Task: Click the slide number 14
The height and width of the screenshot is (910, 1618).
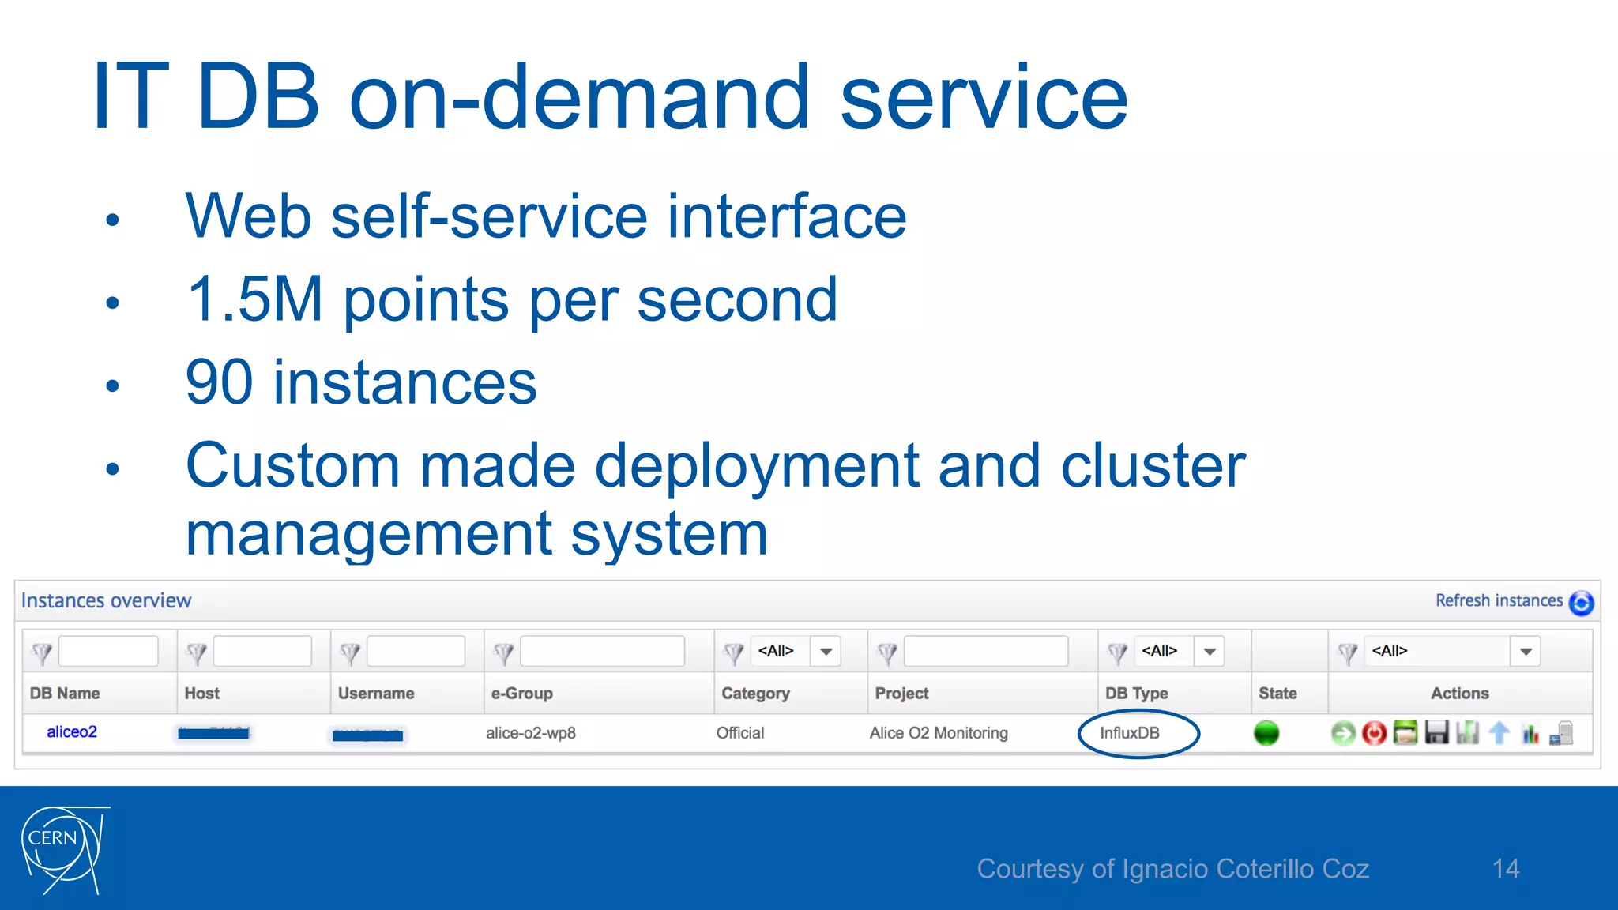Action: (x=1505, y=869)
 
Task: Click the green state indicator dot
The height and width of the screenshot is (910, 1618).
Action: (x=1266, y=733)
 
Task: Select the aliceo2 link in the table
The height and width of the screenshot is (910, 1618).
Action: (x=71, y=732)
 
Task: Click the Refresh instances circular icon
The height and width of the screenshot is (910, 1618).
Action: (x=1581, y=603)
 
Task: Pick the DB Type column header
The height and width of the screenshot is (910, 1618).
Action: (x=1136, y=693)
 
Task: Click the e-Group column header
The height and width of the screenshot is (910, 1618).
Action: (x=521, y=693)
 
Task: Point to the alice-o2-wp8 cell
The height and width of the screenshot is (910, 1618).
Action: (x=530, y=733)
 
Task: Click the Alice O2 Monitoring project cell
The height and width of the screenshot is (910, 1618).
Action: (x=939, y=733)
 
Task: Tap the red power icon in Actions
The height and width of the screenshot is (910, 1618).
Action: (x=1374, y=733)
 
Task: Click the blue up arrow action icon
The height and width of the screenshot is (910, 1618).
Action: (x=1499, y=733)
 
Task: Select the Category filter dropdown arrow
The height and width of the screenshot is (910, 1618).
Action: (x=826, y=652)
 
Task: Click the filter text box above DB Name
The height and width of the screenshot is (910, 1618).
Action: (x=108, y=652)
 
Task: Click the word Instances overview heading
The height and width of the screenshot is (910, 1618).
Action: (x=106, y=600)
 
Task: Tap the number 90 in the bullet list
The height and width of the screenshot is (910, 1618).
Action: (x=218, y=382)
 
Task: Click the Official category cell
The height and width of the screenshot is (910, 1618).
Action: (x=739, y=733)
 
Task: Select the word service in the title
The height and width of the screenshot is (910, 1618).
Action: (x=984, y=98)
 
